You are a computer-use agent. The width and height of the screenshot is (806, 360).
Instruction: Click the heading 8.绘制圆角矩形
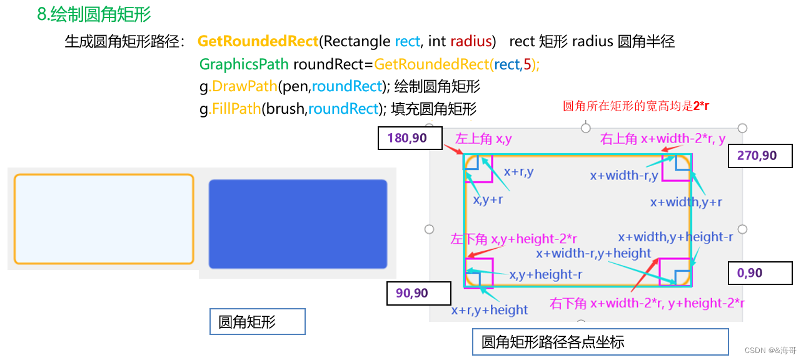(x=94, y=14)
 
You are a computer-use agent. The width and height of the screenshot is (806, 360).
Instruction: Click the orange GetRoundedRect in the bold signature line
(x=258, y=42)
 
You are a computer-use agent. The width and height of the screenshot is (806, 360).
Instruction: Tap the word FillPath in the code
(x=236, y=109)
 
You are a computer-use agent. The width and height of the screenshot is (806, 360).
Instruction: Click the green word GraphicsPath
(x=244, y=64)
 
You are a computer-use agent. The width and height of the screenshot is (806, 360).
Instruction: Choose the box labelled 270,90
(x=760, y=156)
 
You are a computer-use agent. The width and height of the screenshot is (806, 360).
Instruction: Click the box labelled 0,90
(x=760, y=273)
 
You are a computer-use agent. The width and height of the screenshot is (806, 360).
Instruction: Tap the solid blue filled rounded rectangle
(x=298, y=224)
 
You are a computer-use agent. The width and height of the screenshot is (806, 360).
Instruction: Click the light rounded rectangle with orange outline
(x=104, y=219)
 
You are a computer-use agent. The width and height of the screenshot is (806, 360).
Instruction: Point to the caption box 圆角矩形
(x=257, y=322)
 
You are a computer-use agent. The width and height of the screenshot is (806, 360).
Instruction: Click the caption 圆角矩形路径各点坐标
(x=600, y=342)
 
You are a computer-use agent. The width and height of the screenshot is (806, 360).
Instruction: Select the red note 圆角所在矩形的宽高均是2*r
(x=636, y=106)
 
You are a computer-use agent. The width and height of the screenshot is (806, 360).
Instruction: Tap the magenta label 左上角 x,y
(x=483, y=139)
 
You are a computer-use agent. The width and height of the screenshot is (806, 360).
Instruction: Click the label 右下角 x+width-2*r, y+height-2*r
(x=647, y=304)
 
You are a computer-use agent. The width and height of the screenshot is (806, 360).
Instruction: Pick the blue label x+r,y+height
(x=490, y=310)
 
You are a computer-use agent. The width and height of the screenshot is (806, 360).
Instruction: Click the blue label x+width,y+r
(x=686, y=202)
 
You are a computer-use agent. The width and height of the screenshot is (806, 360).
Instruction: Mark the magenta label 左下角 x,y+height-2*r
(x=513, y=239)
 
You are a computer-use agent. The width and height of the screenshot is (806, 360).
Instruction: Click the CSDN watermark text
(x=771, y=351)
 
